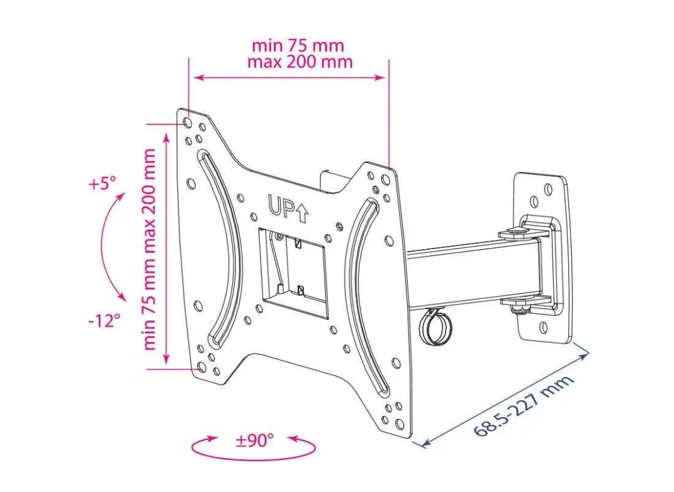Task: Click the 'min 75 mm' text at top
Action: [x=298, y=45]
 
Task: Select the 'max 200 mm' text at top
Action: [x=300, y=62]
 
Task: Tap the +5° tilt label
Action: [x=103, y=184]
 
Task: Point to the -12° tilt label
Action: [x=104, y=320]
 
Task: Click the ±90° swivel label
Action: [x=254, y=440]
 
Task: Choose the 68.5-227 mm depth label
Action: [x=524, y=406]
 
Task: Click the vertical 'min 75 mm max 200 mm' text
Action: [x=149, y=249]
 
